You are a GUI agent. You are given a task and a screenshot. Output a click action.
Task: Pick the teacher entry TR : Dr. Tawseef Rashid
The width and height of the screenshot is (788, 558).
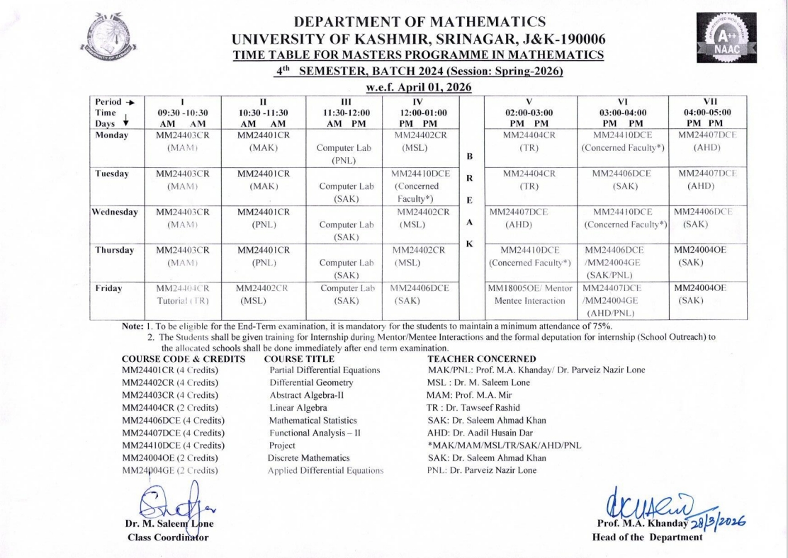[479, 407]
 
